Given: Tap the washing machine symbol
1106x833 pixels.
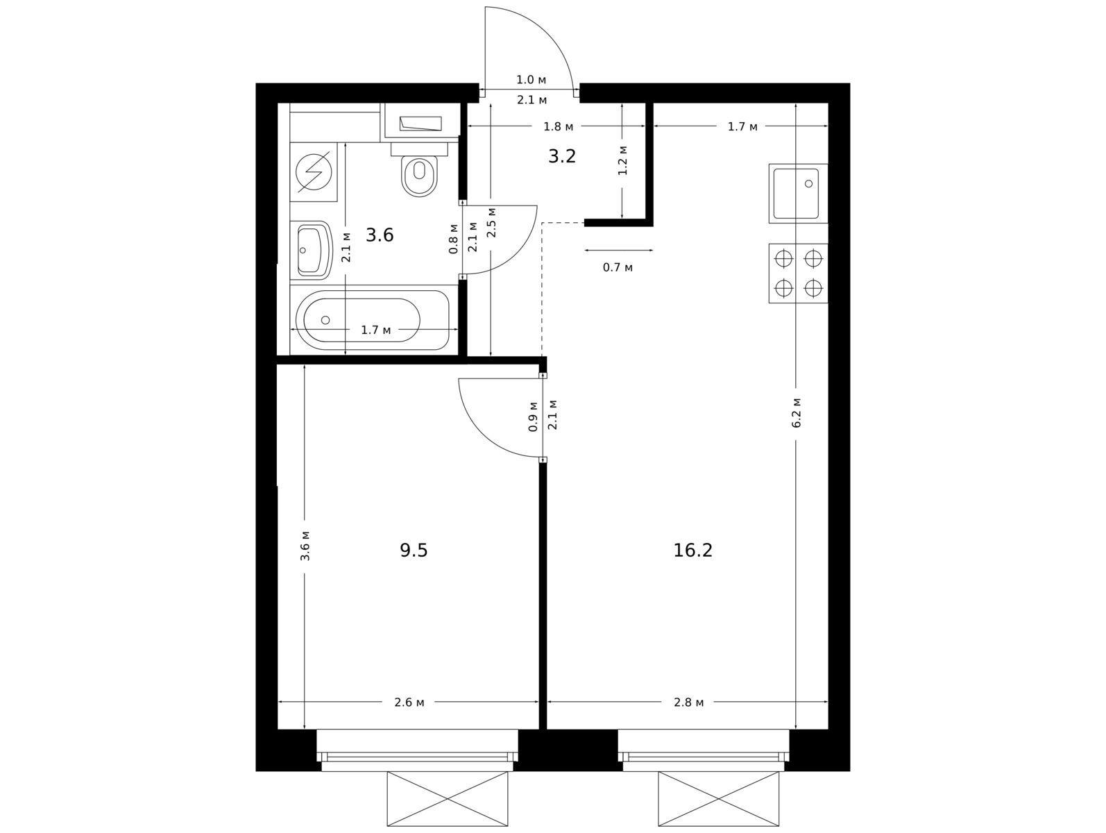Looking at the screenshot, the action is tap(314, 171).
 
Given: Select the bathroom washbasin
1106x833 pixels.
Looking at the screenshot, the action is tap(312, 250).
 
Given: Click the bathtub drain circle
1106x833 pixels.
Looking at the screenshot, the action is tap(325, 320).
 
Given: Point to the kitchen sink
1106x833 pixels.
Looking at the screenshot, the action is tap(798, 194).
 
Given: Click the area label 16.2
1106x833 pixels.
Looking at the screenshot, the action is tap(693, 550).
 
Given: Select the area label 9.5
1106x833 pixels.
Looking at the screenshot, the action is tap(414, 550).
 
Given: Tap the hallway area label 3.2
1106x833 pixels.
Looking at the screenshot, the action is tap(562, 156).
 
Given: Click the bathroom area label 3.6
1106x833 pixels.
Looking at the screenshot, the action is tap(380, 235).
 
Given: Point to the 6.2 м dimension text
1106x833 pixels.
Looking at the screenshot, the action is tap(796, 413).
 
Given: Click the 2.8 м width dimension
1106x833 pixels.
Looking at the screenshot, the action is tap(688, 702).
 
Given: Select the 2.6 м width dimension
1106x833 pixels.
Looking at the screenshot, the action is tap(409, 702).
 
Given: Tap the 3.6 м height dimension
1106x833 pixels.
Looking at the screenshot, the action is tap(305, 546).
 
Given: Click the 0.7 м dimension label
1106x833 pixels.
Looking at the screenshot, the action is tap(618, 267).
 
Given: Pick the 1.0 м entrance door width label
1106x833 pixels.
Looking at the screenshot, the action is tap(531, 80).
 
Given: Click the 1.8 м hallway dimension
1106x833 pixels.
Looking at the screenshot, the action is tap(559, 126).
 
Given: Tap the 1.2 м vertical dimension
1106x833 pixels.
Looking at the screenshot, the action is tap(622, 160).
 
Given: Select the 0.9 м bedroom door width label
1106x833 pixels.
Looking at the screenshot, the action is tap(533, 416).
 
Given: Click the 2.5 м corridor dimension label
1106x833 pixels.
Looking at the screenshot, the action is tap(491, 222).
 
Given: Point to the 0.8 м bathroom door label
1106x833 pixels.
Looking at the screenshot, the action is tap(453, 238).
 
